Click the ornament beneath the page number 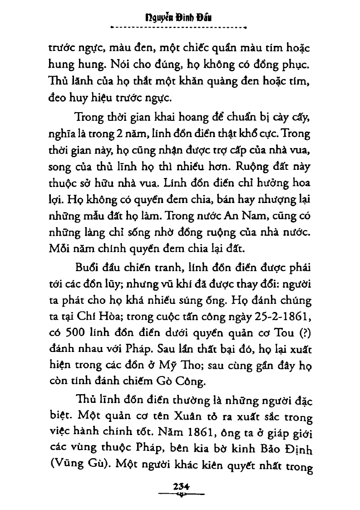(x=180, y=493)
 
